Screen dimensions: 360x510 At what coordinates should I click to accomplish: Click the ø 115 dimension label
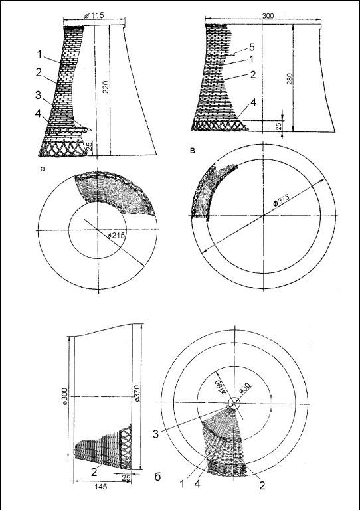94,16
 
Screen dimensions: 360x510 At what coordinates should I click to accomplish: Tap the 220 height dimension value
106,87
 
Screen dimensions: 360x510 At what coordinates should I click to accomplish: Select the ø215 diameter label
116,235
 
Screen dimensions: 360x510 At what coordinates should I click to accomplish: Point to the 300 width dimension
267,16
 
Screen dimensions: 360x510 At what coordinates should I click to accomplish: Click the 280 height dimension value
290,79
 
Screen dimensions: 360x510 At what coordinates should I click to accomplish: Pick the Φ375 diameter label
282,199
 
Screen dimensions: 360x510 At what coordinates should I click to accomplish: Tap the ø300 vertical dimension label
64,396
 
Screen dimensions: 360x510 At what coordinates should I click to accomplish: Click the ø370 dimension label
137,393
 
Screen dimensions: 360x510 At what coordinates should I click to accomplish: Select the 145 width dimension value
101,487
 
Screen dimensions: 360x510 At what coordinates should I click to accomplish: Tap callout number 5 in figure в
252,48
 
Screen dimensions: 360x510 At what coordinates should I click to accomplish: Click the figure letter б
157,477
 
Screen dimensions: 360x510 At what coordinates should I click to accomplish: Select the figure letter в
193,151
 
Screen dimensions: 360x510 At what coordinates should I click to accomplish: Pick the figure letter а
42,169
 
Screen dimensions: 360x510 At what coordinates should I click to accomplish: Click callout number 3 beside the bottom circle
156,434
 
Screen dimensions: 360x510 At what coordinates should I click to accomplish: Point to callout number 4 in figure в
252,103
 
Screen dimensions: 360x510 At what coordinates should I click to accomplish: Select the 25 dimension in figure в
279,126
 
